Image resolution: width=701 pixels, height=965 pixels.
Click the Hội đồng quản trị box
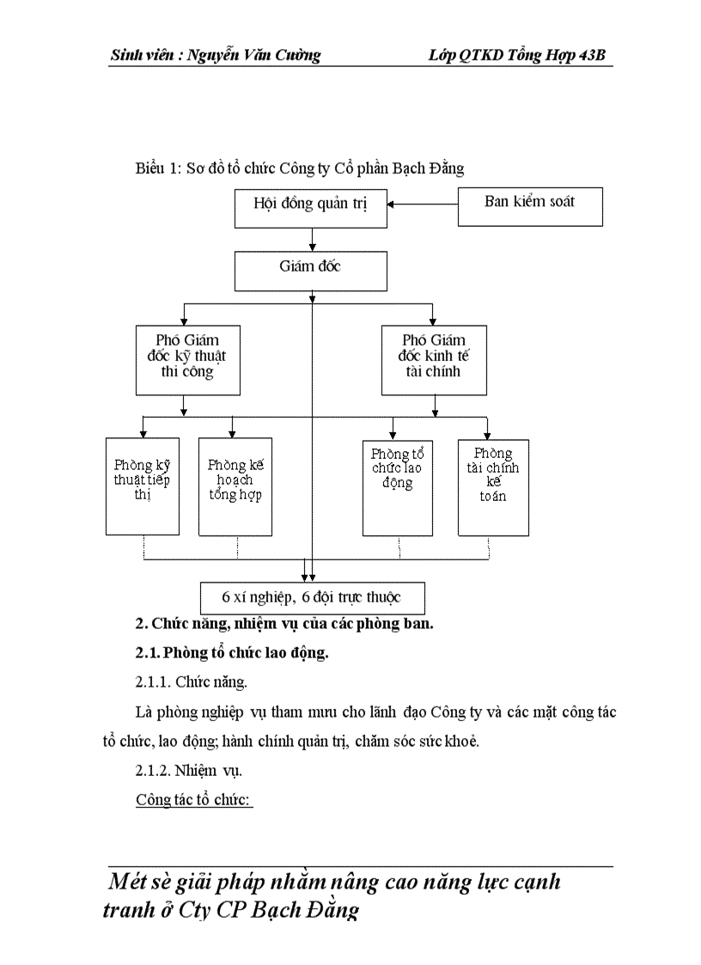click(x=310, y=206)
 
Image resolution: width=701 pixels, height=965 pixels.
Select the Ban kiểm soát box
click(x=529, y=206)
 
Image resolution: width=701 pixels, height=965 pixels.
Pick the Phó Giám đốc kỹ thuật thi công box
click(x=187, y=358)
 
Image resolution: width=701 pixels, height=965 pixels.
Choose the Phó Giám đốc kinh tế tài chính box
click(x=433, y=358)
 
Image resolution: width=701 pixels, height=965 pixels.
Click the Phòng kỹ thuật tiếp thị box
click(x=143, y=486)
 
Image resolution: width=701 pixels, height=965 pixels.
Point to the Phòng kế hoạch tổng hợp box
click(x=235, y=486)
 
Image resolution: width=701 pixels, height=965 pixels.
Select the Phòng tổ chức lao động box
click(x=397, y=486)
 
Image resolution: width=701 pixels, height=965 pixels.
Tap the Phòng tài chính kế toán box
click(x=492, y=486)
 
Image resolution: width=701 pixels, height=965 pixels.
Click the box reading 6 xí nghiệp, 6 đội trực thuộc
click(x=311, y=597)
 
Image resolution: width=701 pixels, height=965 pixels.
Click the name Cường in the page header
click(x=297, y=56)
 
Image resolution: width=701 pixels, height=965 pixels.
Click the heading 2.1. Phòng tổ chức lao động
click(x=232, y=653)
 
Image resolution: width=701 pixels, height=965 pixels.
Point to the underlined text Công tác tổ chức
click(x=193, y=800)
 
